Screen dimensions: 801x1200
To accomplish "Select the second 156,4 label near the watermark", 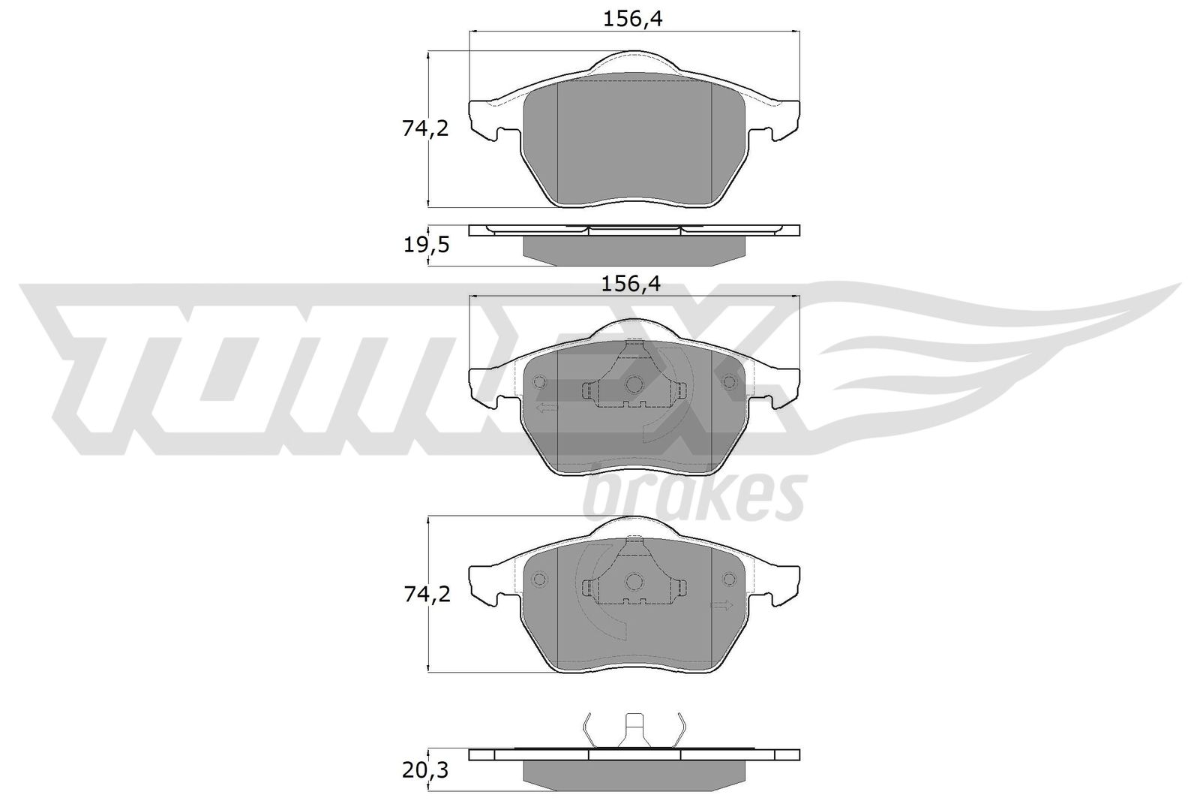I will click(x=634, y=284).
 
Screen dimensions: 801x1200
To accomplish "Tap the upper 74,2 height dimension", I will click(x=425, y=129).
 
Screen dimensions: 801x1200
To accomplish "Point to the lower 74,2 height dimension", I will click(x=425, y=595).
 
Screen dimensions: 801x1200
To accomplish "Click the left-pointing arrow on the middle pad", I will click(x=547, y=408).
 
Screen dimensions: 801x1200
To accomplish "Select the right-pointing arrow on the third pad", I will click(x=721, y=605).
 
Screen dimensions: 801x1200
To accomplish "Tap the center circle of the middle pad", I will click(x=634, y=384).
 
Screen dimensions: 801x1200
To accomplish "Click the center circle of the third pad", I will click(x=634, y=581).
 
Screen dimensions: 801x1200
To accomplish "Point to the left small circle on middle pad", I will click(x=540, y=383).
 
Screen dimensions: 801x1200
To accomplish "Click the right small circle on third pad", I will click(x=729, y=580).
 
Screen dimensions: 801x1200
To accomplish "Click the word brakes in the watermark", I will click(x=694, y=498).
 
